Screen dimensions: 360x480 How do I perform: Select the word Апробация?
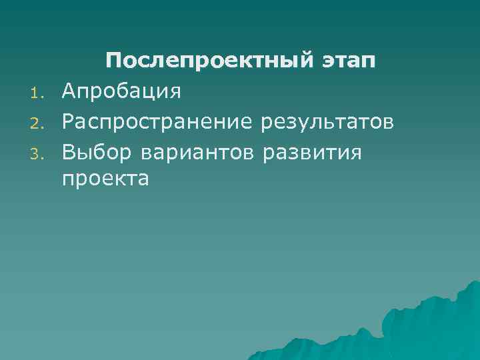pos(121,91)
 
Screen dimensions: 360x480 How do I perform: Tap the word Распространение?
pos(158,123)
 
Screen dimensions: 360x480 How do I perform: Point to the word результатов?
pos(327,123)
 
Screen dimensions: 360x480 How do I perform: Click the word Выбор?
pos(98,153)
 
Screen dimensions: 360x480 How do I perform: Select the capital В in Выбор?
pos(68,152)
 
